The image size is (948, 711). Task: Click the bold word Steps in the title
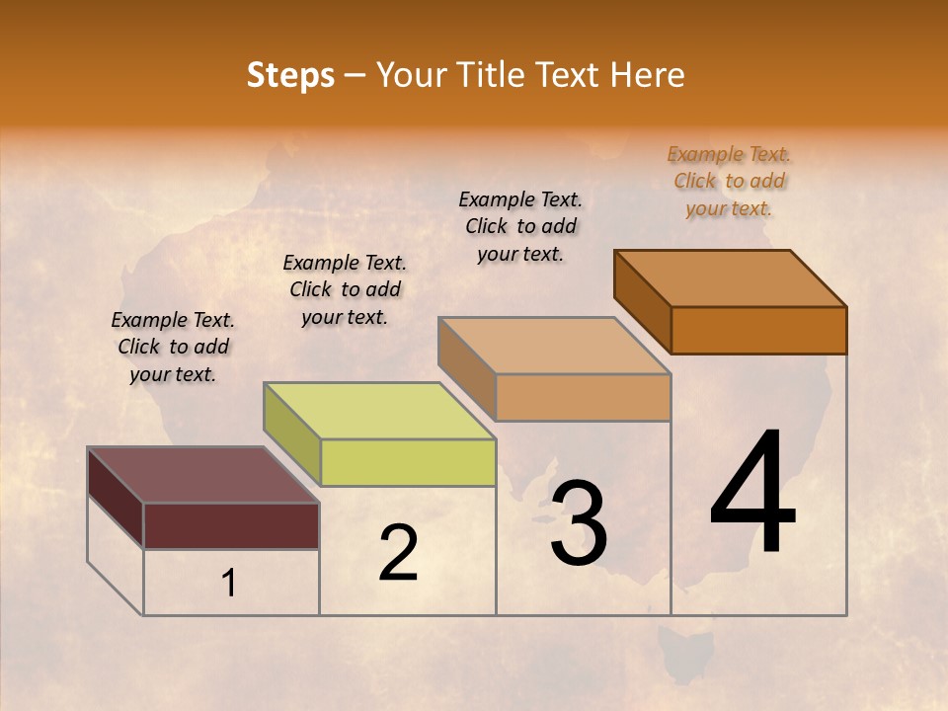tap(290, 75)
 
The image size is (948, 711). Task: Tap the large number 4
tap(753, 493)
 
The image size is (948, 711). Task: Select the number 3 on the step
tap(579, 522)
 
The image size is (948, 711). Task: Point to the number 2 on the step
tap(398, 553)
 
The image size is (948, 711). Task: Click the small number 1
tap(228, 584)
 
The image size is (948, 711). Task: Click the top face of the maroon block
tap(202, 475)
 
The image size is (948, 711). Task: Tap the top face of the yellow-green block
tap(379, 411)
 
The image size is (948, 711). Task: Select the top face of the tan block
tap(554, 346)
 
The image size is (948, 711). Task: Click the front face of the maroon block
tap(231, 525)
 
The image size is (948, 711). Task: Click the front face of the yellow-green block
tap(408, 462)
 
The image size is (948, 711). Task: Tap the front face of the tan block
tap(583, 397)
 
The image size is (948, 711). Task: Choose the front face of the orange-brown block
tap(758, 330)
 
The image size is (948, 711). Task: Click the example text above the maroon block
tap(173, 348)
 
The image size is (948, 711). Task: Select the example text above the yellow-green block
tap(345, 290)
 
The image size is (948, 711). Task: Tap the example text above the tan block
tap(520, 227)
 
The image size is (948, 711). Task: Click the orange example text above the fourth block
tap(729, 182)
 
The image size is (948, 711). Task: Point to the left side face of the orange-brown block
tap(642, 301)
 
